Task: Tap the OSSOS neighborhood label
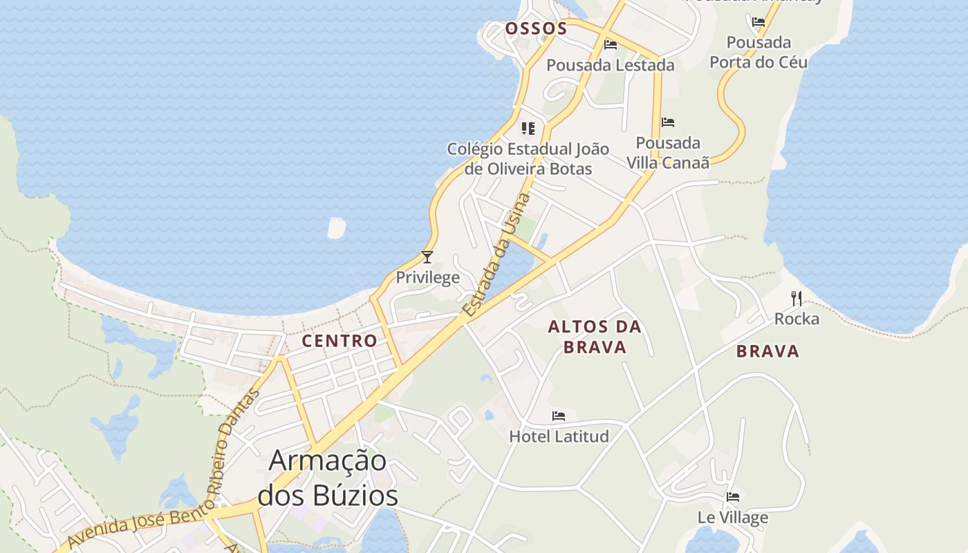pos(536,28)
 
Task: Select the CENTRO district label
pos(339,341)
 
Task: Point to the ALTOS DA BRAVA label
pos(595,337)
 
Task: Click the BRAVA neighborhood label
pos(767,351)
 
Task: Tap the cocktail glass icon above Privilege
pos(427,257)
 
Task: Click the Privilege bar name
pos(427,278)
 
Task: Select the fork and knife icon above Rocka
pos(797,299)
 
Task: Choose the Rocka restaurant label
pos(797,319)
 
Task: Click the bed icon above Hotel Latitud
pos(559,416)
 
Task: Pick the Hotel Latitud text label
pos(559,436)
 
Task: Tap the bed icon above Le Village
pos(733,497)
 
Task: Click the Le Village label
pos(733,517)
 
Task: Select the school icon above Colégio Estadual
pos(528,129)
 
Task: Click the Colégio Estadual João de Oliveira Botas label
pos(528,158)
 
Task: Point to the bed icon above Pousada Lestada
pos(611,45)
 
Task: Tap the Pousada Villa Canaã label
pos(668,153)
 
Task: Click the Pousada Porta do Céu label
pos(758,52)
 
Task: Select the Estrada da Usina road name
pos(496,255)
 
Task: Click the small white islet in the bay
pos(336,227)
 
